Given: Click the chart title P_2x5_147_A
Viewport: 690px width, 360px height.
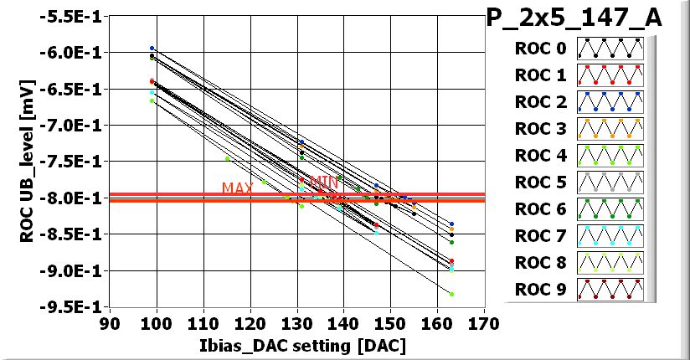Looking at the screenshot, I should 574,18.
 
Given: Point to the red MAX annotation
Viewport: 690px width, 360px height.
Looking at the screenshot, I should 238,188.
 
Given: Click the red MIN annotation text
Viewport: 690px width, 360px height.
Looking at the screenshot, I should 324,181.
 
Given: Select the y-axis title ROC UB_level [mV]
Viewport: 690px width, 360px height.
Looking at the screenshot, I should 26,162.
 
